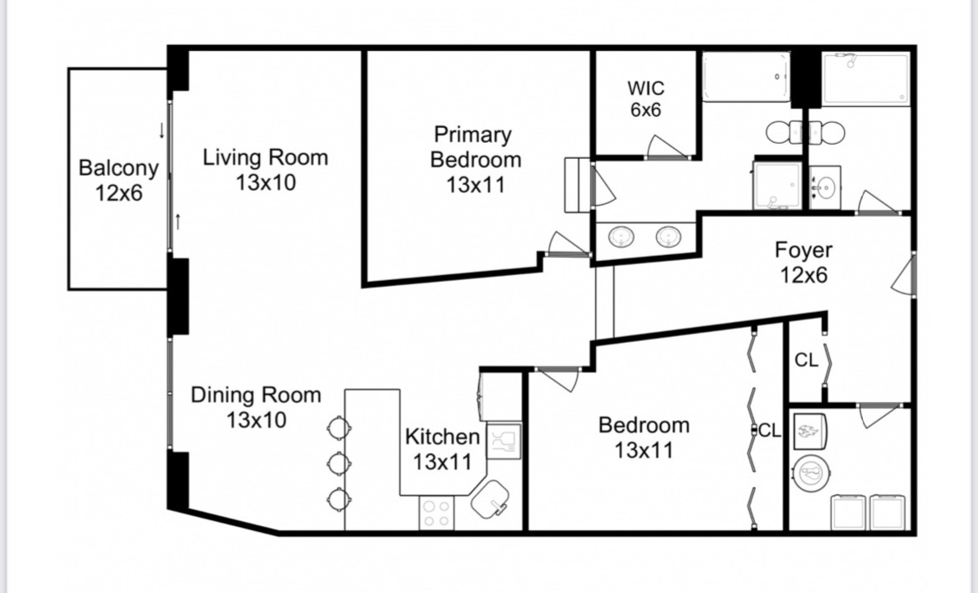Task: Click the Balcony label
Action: click(x=119, y=168)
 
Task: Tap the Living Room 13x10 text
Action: click(x=266, y=169)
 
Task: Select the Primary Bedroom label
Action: click(x=476, y=146)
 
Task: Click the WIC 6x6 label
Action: click(x=645, y=99)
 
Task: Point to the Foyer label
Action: click(x=803, y=250)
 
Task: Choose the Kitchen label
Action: click(x=442, y=437)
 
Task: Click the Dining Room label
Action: click(x=256, y=395)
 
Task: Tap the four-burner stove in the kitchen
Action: click(x=436, y=513)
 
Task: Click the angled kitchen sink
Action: click(x=490, y=498)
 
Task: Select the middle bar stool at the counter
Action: click(x=339, y=463)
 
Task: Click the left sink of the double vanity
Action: click(x=621, y=237)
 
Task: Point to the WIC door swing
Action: click(x=668, y=147)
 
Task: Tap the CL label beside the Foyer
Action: click(x=806, y=360)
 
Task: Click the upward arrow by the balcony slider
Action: click(x=178, y=221)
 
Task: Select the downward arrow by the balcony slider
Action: click(x=161, y=130)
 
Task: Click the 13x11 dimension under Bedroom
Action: click(x=644, y=450)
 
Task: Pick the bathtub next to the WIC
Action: click(x=746, y=77)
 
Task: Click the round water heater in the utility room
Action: click(x=812, y=473)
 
